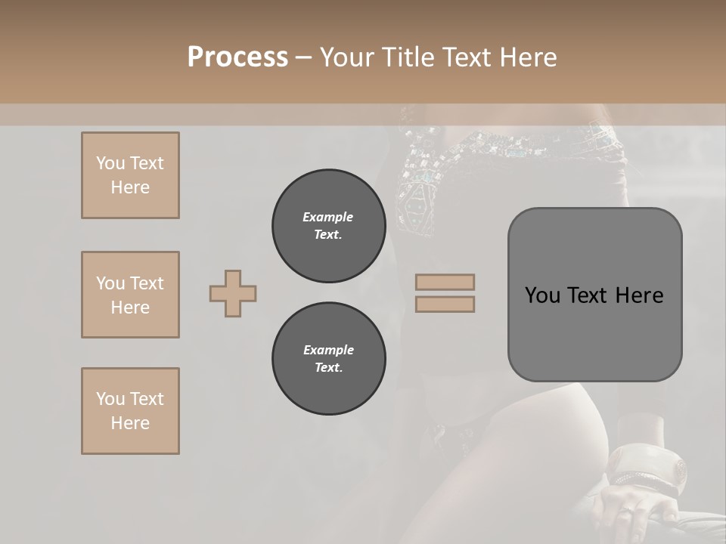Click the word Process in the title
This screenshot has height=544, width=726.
click(237, 57)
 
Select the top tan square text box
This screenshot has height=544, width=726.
click(130, 175)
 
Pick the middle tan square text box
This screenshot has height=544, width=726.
click(130, 295)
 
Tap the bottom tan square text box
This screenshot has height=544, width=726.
click(130, 411)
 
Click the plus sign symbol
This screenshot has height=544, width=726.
click(233, 293)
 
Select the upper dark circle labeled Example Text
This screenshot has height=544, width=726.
click(328, 225)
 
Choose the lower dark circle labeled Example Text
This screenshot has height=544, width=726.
click(328, 358)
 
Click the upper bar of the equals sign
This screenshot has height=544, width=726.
click(445, 282)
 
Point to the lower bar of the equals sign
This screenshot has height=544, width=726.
click(445, 304)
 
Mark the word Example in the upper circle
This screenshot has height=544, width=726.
click(328, 217)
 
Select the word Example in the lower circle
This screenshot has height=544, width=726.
click(328, 350)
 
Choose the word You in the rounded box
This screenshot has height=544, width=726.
click(541, 295)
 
